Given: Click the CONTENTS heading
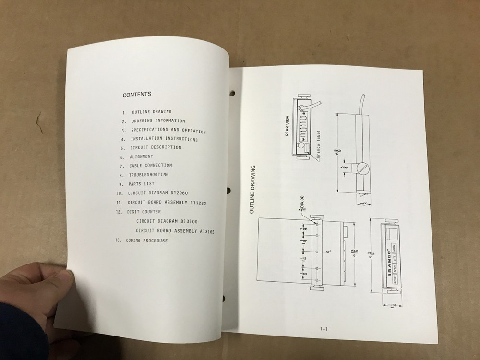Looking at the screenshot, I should click(x=137, y=95).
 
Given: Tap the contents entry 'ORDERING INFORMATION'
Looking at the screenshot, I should click(x=158, y=121).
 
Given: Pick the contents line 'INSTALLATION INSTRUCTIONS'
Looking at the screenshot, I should click(x=164, y=139).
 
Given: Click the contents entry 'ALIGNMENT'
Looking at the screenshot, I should click(x=141, y=156).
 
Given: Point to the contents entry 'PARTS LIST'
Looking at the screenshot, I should click(x=142, y=184).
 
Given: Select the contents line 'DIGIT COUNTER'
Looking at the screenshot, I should click(x=144, y=211).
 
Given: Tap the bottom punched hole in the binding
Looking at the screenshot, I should click(x=224, y=299).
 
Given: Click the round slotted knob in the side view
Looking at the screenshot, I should click(x=363, y=169).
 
